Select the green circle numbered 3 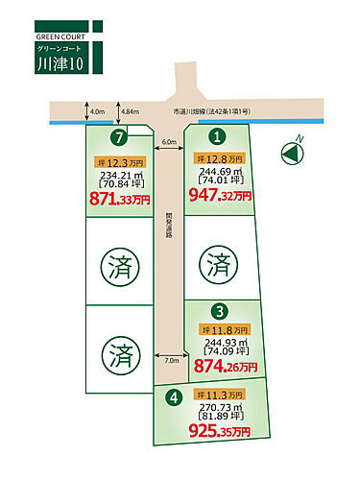tap(219, 311)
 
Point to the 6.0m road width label tap(169, 143)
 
